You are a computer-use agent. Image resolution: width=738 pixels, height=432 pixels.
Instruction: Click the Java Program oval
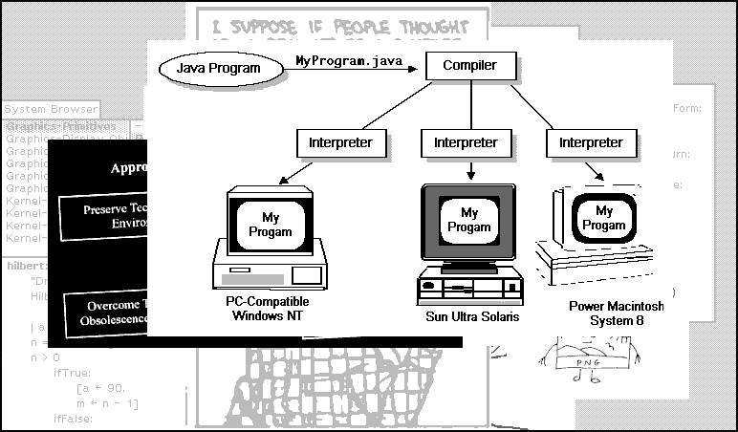[x=220, y=70]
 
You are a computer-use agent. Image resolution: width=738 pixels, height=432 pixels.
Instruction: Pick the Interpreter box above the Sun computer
[x=466, y=142]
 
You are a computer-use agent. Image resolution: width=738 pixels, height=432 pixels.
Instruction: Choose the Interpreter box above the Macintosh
[x=591, y=142]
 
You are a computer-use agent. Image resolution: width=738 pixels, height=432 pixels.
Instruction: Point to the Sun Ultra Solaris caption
[x=472, y=316]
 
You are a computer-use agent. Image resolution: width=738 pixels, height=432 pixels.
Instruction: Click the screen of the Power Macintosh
[x=604, y=218]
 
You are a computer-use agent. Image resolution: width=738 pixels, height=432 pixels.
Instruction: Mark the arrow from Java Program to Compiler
[x=354, y=70]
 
